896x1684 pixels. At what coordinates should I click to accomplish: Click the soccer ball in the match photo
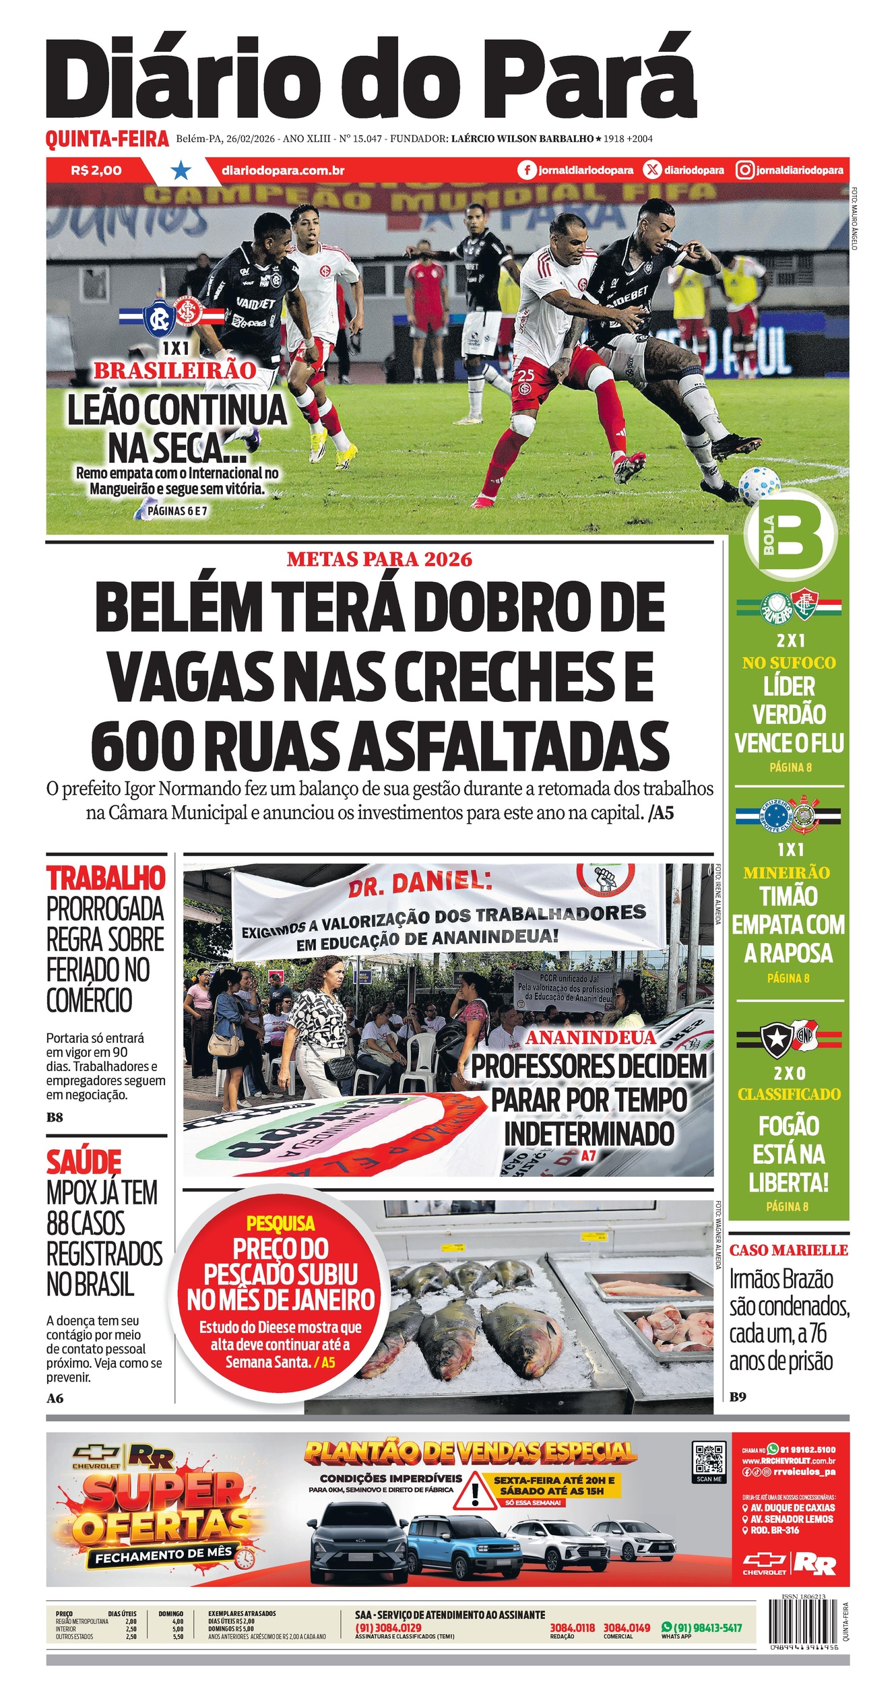point(759,485)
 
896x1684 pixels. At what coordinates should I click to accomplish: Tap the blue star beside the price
point(180,170)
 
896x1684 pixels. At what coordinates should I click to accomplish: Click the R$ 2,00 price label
point(96,170)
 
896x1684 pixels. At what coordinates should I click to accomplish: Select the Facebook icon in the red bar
point(527,170)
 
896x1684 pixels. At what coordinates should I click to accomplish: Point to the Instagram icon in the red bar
point(744,170)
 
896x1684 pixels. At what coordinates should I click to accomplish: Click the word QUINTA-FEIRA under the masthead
point(107,139)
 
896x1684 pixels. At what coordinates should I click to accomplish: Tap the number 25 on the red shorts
point(526,375)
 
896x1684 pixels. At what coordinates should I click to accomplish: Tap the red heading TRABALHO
point(106,878)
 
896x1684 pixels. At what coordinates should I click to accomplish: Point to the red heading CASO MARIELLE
point(788,1250)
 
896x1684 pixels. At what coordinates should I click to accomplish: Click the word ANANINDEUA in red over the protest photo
point(590,1038)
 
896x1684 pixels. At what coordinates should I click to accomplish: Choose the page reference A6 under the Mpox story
point(55,1398)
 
